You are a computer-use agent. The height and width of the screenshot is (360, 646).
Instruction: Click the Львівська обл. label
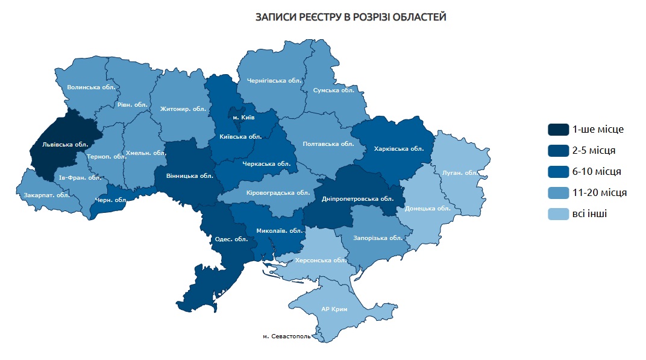[x=66, y=145]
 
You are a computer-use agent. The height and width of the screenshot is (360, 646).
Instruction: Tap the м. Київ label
[x=243, y=116]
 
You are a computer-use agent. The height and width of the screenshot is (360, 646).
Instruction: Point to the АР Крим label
[x=334, y=309]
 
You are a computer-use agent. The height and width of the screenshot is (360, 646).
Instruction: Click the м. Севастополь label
[x=287, y=336]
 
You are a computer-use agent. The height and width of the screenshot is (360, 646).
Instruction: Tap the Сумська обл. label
[x=334, y=90]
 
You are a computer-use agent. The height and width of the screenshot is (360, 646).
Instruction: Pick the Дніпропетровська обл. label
[x=357, y=198]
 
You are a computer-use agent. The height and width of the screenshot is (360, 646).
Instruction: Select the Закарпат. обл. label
[x=45, y=195]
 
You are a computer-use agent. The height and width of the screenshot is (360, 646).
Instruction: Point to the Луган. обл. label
[x=460, y=173]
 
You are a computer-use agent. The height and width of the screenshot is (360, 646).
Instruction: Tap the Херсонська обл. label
[x=321, y=261]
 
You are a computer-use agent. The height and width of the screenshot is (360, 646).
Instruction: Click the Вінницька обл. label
[x=184, y=177]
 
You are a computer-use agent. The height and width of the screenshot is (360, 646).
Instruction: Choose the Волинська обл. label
[x=92, y=87]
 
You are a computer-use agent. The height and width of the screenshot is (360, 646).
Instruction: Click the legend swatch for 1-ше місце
[x=558, y=130]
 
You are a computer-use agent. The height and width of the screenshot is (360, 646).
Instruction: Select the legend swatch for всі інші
[x=558, y=214]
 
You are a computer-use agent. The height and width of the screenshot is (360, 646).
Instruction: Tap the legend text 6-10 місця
[x=597, y=172]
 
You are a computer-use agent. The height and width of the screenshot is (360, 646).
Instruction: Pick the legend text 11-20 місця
[x=599, y=193]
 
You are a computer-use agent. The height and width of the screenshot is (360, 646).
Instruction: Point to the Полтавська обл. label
[x=328, y=144]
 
